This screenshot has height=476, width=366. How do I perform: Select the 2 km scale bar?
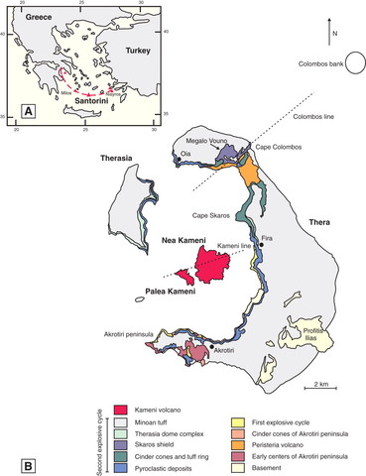pos(318,385)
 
